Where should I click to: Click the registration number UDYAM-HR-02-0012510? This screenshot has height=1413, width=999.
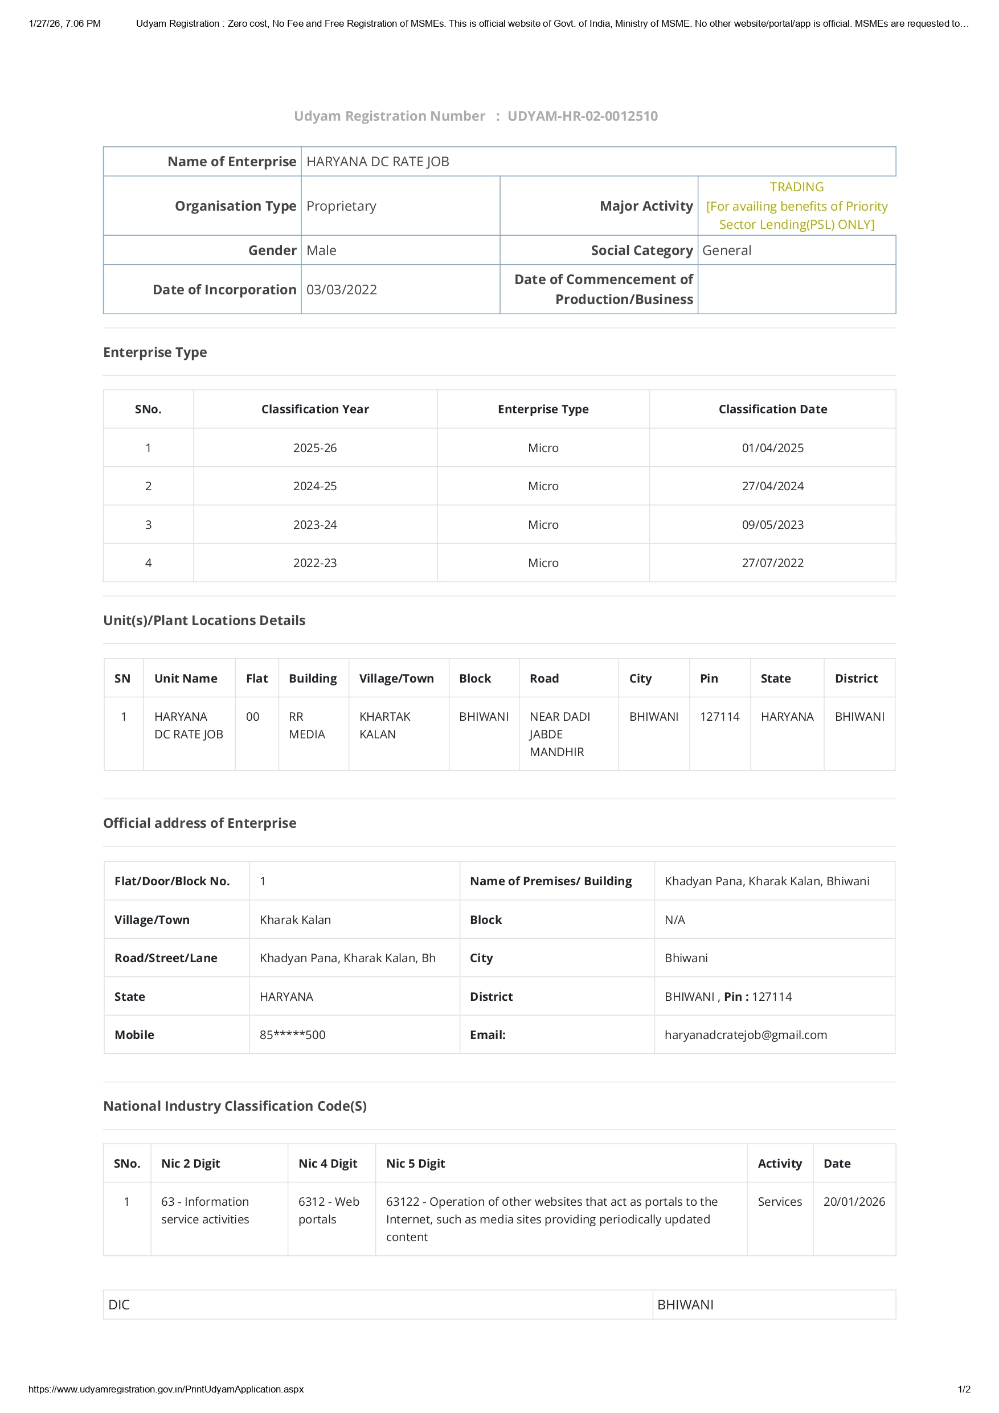582,116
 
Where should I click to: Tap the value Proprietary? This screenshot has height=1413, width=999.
341,206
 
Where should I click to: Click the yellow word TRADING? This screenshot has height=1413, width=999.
796,187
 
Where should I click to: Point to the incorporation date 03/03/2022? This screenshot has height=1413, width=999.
342,290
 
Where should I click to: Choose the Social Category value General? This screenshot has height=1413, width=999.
726,250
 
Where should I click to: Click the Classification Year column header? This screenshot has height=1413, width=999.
314,409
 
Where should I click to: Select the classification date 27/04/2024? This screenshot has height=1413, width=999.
772,486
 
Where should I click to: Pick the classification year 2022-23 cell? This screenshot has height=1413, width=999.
314,563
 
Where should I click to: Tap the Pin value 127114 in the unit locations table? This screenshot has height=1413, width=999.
719,716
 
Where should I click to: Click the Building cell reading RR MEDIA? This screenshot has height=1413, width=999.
306,726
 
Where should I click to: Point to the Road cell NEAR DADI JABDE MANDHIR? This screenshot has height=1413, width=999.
559,734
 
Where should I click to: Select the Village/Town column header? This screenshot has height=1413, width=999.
396,678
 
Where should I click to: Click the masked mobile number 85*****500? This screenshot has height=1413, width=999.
292,1034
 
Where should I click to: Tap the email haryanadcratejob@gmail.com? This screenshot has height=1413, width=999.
746,1034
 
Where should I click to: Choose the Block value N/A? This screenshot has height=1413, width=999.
674,919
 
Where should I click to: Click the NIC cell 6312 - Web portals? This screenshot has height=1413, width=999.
329,1210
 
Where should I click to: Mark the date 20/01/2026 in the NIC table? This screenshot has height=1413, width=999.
854,1201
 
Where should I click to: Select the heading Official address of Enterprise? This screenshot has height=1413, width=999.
199,823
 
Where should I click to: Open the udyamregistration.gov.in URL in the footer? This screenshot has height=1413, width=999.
166,1389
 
